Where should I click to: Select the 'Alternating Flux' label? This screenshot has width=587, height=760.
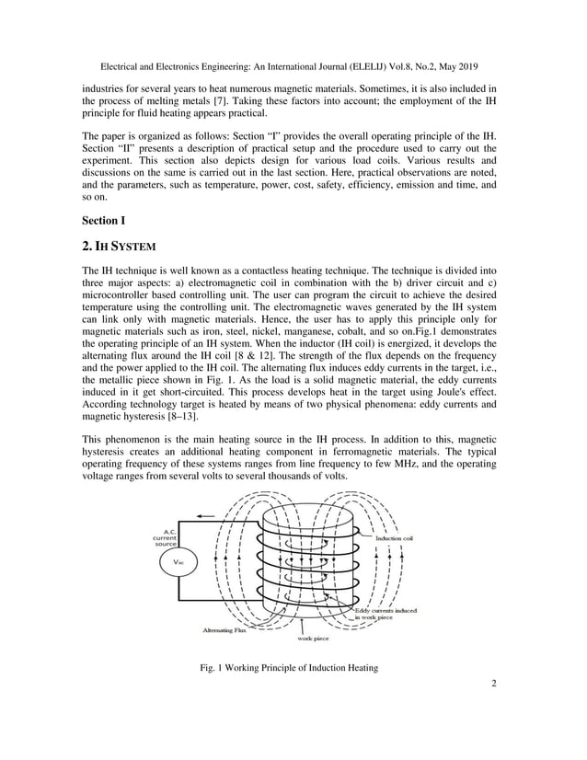225,630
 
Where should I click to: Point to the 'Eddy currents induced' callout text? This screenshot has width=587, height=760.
386,610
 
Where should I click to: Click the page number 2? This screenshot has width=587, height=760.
494,708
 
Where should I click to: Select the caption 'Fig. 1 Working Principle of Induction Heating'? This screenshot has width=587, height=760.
292,693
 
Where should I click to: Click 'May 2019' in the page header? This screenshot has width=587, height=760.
460,65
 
